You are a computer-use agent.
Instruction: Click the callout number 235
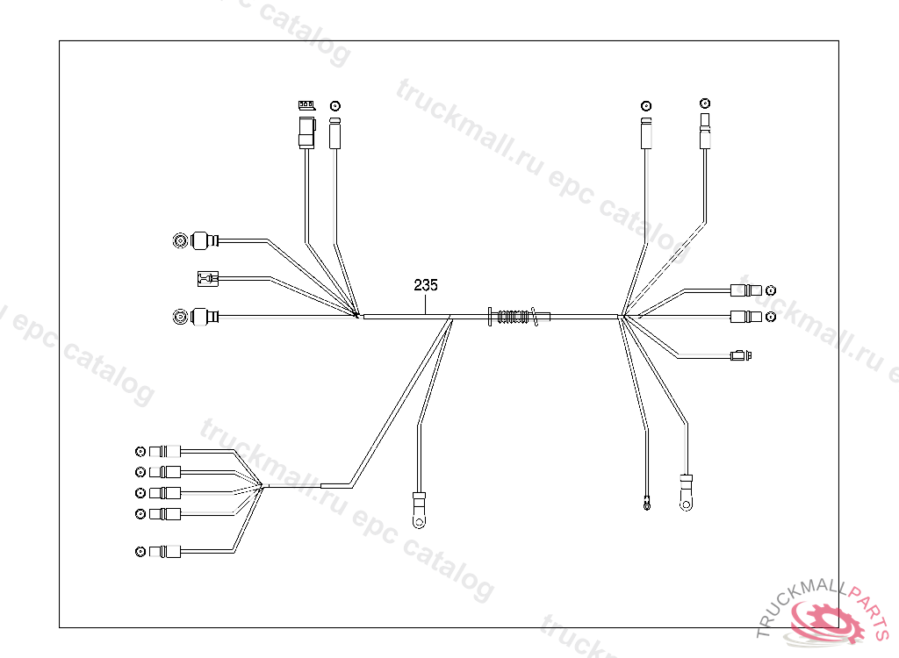click(426, 285)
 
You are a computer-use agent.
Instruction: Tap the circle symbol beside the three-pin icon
click(334, 105)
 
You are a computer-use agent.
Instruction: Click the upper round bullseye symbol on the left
click(180, 240)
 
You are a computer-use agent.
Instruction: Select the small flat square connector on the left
click(205, 280)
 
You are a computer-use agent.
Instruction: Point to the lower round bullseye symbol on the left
click(180, 316)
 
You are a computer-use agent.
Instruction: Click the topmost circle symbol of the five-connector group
click(140, 452)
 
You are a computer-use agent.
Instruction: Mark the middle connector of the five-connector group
click(166, 492)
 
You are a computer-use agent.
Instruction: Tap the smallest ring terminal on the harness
click(647, 504)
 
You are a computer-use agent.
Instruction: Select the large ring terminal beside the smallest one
click(685, 493)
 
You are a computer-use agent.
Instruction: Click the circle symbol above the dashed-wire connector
click(703, 104)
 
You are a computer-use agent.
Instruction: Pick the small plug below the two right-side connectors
click(740, 355)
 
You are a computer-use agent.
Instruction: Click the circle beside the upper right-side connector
click(771, 290)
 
